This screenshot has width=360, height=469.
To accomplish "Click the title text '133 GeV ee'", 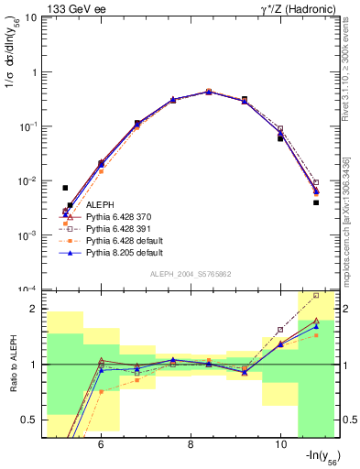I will (70, 8).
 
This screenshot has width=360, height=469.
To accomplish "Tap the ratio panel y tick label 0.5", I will (28, 420).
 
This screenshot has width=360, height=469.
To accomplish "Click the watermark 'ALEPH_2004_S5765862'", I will (191, 274).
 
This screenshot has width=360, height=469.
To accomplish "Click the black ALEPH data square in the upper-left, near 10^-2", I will (65, 188).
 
